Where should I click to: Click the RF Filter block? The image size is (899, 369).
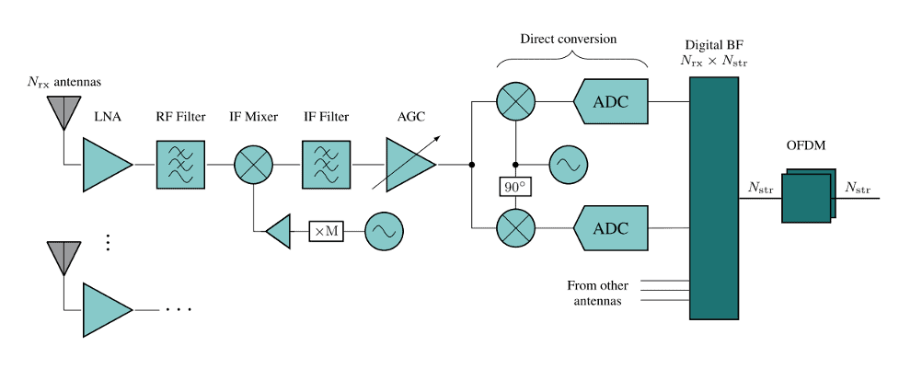coord(180,165)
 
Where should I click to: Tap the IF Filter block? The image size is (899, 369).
coord(326,165)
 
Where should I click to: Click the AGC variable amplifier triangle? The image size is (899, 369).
coord(408,165)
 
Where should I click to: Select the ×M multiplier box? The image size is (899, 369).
coord(326,231)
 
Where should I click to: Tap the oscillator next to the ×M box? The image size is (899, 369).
coord(382,231)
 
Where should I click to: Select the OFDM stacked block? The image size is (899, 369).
coord(808,195)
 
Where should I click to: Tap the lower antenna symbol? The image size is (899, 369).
coord(63,255)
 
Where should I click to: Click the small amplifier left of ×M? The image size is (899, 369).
coord(277,231)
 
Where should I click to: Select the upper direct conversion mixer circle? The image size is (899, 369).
coord(514,101)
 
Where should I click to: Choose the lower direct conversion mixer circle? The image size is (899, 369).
coord(514,227)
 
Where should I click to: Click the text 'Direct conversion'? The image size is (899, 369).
coord(568,40)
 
